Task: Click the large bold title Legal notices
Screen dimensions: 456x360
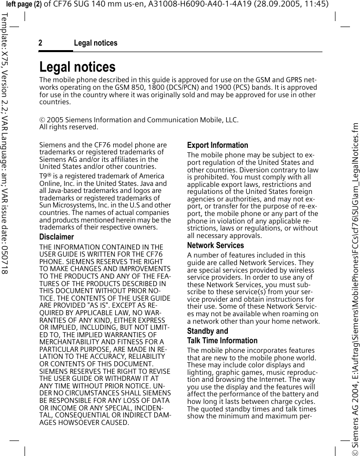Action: click(77, 67)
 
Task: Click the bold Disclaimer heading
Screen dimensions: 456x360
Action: click(57, 237)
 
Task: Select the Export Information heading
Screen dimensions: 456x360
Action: click(217, 145)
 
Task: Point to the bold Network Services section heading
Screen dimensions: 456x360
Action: click(215, 246)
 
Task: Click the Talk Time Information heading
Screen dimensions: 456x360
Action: click(222, 341)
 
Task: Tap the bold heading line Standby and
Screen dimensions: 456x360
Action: click(207, 331)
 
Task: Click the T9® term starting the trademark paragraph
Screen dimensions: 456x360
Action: click(45, 176)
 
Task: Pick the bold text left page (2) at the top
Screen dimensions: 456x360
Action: click(24, 5)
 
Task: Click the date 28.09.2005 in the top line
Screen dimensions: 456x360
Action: click(272, 5)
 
